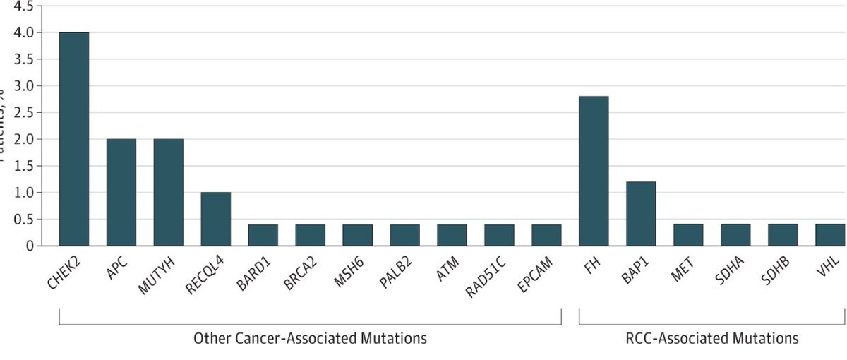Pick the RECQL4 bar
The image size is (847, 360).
pyautogui.click(x=215, y=219)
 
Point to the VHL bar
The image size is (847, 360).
pyautogui.click(x=829, y=235)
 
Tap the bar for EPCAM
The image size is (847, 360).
pyautogui.click(x=546, y=235)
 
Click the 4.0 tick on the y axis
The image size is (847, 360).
pyautogui.click(x=22, y=32)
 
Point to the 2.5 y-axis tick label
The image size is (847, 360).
pyautogui.click(x=22, y=112)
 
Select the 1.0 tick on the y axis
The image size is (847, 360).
pyautogui.click(x=22, y=193)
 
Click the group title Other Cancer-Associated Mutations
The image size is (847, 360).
pyautogui.click(x=310, y=339)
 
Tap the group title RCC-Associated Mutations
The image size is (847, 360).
pyautogui.click(x=711, y=339)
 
